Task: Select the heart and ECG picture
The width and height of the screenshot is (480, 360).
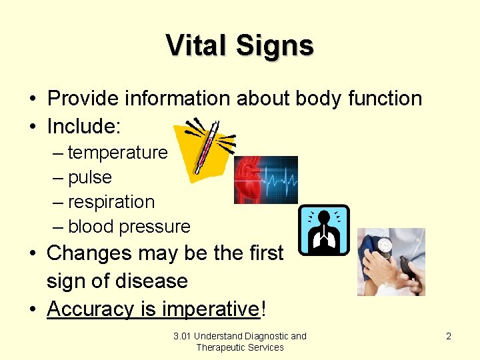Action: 265,180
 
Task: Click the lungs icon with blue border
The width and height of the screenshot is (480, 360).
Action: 323,230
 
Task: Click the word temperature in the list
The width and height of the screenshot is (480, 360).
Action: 117,153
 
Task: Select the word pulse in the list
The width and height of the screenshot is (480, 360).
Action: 90,178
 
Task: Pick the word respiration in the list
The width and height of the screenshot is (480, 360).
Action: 111,202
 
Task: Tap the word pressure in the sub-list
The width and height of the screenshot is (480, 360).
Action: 157,227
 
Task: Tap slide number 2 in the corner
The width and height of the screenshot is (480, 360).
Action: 449,336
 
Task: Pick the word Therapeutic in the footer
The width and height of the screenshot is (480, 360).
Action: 221,347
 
